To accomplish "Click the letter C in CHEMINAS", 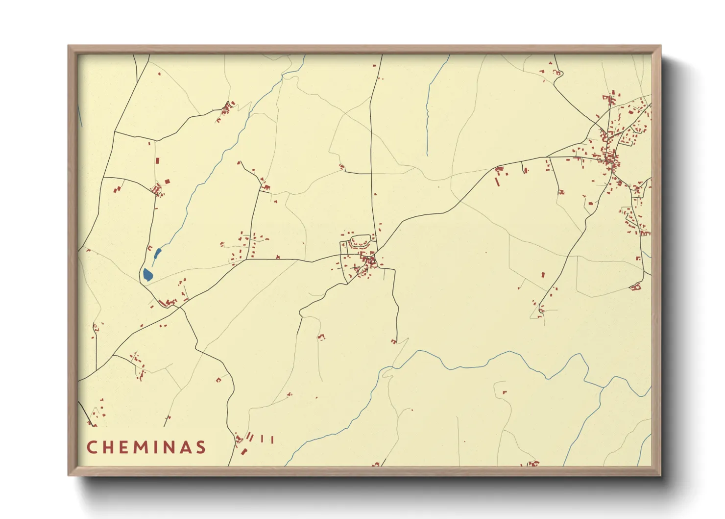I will pyautogui.click(x=92, y=447).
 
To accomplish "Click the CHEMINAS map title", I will pyautogui.click(x=146, y=447).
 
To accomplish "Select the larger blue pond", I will pyautogui.click(x=147, y=275).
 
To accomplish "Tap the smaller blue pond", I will pyautogui.click(x=157, y=254).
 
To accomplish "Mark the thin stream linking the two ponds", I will pyautogui.click(x=153, y=263).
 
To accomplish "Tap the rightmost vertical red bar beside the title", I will pyautogui.click(x=271, y=440).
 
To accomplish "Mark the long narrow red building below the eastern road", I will pyautogui.click(x=497, y=182).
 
